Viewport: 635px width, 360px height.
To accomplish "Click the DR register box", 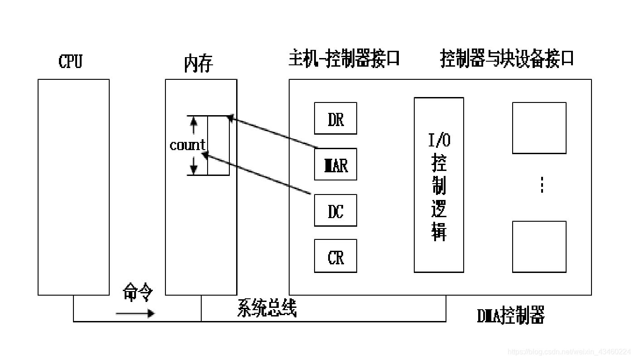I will (x=335, y=118).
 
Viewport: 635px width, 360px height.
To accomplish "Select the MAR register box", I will (x=335, y=165).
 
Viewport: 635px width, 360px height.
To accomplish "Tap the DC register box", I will (x=335, y=210).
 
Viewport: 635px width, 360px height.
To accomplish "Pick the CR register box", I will (x=335, y=256).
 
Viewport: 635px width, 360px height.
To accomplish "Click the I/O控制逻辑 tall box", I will (x=439, y=185).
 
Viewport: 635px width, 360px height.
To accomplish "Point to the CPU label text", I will (x=71, y=61).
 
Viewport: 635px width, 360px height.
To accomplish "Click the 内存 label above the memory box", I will (x=198, y=63).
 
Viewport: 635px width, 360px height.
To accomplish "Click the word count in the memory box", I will (x=187, y=145).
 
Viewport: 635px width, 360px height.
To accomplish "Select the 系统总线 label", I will (x=267, y=309).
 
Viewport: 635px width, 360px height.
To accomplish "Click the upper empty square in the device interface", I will (x=539, y=128).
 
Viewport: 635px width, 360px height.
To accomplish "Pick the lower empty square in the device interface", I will (x=539, y=247).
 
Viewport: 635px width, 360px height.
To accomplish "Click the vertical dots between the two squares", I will (x=542, y=185).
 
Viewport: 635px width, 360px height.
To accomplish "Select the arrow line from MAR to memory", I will (x=272, y=132).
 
